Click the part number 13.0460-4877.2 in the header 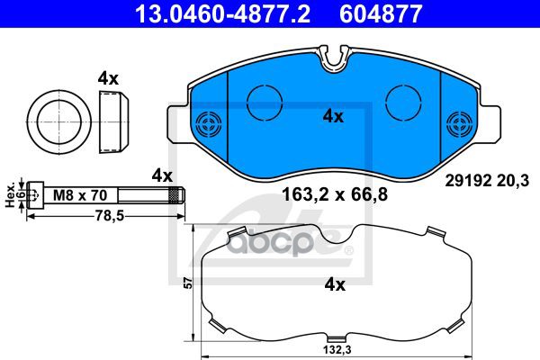pos(223,13)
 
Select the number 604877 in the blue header pos(381,13)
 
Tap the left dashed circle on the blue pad pos(265,103)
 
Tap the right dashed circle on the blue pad pos(403,103)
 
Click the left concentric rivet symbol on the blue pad pos(209,124)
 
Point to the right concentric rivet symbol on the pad pos(459,124)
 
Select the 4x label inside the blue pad pos(333,117)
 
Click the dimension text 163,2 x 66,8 pos(335,194)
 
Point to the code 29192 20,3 pos(487,181)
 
